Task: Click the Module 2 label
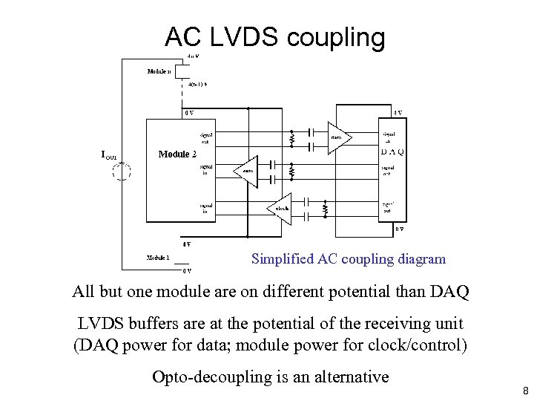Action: [177, 154]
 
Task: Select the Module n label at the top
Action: [159, 72]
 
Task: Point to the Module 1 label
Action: [158, 258]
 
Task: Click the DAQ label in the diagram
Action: [392, 152]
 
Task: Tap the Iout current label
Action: [109, 154]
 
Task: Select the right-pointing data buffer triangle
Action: [339, 137]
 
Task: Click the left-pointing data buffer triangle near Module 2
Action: [246, 171]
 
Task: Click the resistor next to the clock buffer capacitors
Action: [325, 209]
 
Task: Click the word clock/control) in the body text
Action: [420, 345]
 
